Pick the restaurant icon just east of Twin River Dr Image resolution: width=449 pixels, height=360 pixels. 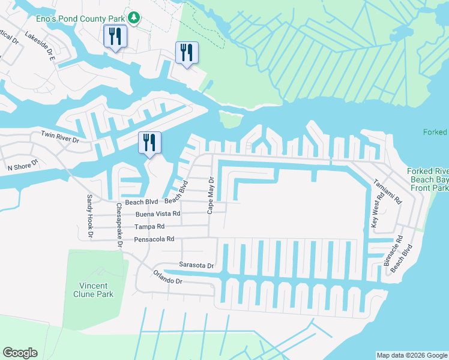click(148, 143)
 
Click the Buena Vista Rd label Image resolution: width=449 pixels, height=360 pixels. click(158, 214)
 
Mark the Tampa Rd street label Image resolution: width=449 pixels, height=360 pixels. click(149, 227)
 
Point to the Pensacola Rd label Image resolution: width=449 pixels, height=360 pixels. click(154, 239)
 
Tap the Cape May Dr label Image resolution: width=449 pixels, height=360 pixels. click(210, 196)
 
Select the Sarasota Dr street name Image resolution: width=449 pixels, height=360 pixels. click(196, 265)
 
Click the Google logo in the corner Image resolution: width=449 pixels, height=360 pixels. click(20, 353)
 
